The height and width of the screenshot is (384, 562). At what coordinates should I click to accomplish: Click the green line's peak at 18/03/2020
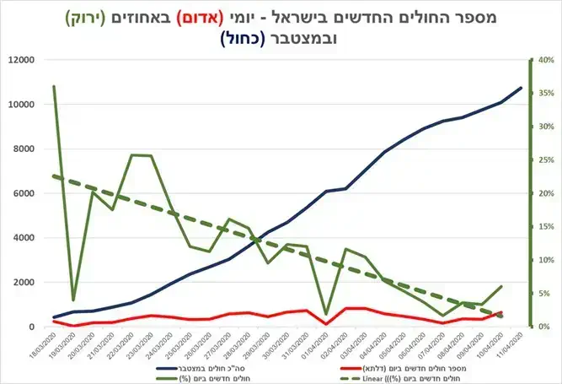coord(54,86)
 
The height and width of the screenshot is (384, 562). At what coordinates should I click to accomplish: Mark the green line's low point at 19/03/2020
coord(73,300)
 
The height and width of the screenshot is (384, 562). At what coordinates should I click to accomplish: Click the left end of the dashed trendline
coord(54,176)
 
